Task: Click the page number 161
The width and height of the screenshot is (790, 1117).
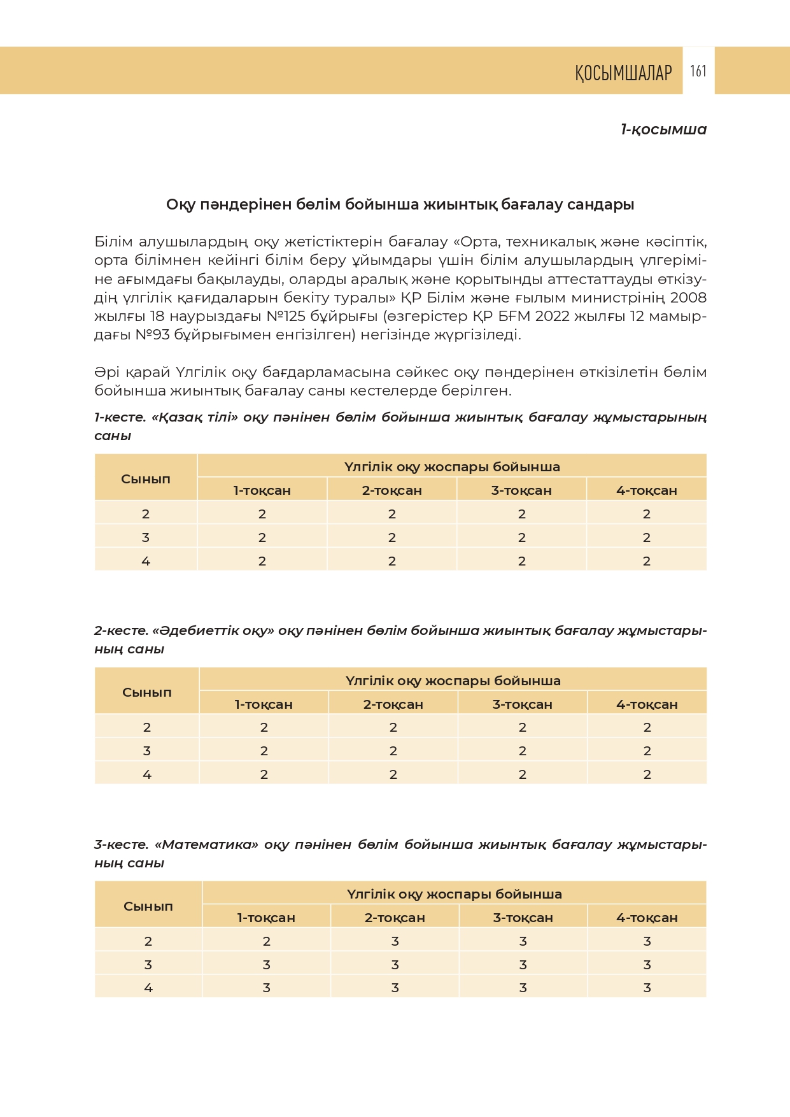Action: coord(698,71)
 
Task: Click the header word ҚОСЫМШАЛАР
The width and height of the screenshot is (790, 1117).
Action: coord(623,73)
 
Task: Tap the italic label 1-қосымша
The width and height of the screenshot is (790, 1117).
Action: coord(663,129)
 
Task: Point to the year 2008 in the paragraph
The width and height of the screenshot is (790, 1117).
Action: coord(688,298)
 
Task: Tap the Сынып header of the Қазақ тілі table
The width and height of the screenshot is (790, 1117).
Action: coord(146,479)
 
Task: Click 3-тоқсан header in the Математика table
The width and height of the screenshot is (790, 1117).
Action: coord(523,918)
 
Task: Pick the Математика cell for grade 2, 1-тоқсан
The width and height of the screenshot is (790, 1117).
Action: coord(266,941)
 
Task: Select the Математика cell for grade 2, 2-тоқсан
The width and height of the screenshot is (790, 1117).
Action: coord(395,941)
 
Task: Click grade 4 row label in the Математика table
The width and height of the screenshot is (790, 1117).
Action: coord(148,988)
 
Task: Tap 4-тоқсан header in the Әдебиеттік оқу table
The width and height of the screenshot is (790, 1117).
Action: coord(647,704)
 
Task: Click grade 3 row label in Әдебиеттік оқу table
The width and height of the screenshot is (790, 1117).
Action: coord(147,751)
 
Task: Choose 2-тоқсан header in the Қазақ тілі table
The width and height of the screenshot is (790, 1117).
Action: coord(391,490)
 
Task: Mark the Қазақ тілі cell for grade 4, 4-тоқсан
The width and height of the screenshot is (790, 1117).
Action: coord(647,561)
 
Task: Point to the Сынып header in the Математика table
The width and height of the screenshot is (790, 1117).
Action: coord(148,906)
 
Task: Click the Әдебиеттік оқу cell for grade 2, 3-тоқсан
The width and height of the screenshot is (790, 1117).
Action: coord(522,727)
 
